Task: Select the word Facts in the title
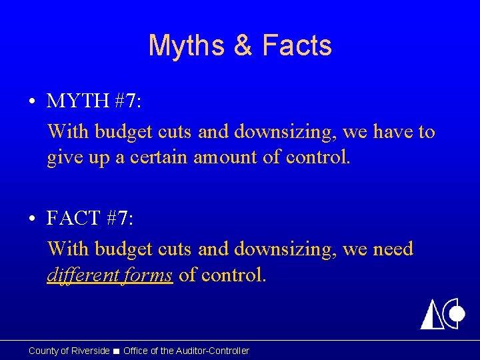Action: [x=297, y=46]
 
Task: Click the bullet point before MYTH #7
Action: [x=31, y=103]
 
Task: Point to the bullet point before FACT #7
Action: [x=31, y=219]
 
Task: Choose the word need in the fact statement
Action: [x=393, y=249]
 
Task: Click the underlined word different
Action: [x=83, y=275]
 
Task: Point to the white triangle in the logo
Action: [x=431, y=315]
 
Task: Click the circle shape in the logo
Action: [x=457, y=314]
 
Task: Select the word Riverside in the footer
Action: [x=91, y=351]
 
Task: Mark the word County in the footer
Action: [x=43, y=351]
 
